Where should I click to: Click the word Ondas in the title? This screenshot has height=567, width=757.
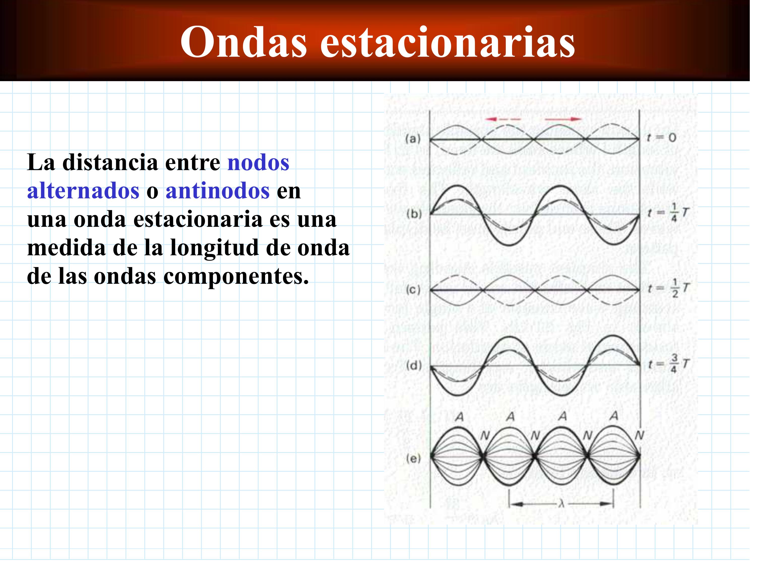click(x=244, y=42)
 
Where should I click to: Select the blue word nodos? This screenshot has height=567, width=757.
click(x=258, y=162)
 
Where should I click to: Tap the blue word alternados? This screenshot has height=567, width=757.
click(x=83, y=191)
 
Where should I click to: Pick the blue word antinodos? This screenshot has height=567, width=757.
click(x=218, y=191)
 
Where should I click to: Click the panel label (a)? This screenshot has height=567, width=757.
click(x=413, y=139)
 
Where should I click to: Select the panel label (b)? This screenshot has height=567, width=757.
click(x=414, y=214)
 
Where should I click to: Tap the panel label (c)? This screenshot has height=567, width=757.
click(x=413, y=290)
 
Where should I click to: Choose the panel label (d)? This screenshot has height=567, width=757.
click(x=414, y=366)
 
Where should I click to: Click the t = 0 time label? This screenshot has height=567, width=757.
click(x=661, y=138)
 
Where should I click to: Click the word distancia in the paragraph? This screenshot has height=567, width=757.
click(x=110, y=162)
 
